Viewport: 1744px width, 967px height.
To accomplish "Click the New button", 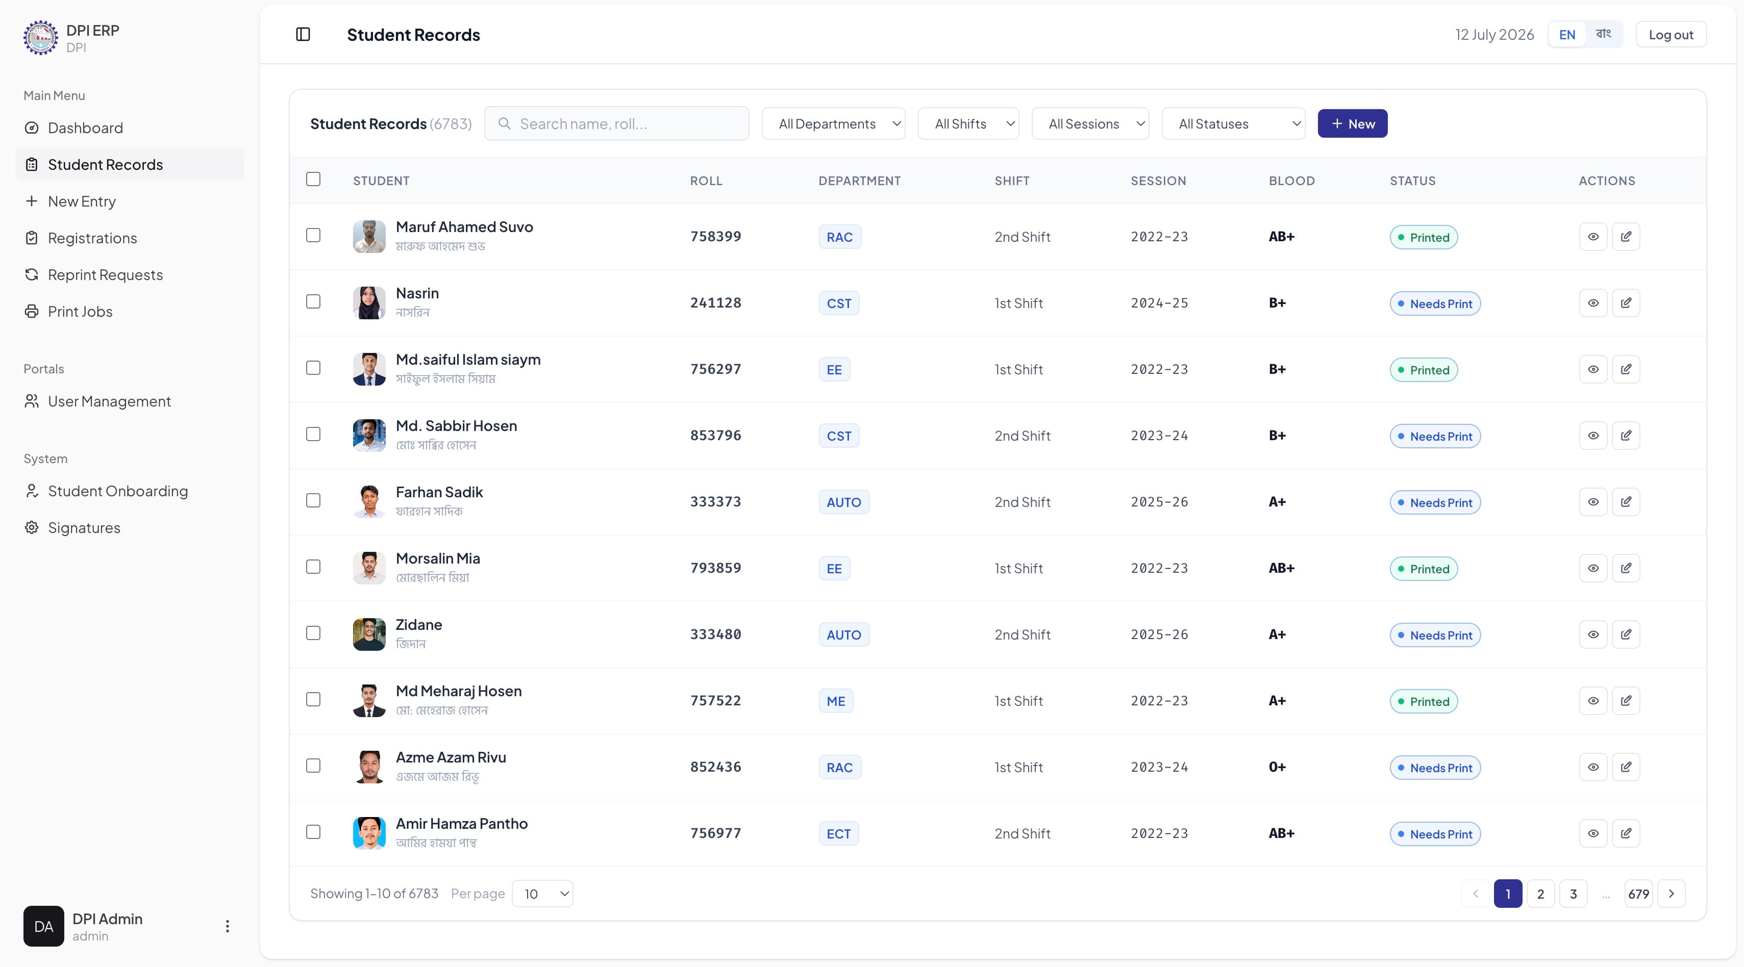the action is tap(1352, 124).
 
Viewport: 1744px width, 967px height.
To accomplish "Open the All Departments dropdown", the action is tap(833, 124).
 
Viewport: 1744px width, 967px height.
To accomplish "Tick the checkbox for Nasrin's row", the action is tap(313, 302).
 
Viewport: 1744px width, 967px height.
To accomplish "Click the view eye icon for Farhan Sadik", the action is tap(1593, 502).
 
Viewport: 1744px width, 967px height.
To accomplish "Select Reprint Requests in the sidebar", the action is tap(105, 275).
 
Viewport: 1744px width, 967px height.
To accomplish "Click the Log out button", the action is tap(1671, 35).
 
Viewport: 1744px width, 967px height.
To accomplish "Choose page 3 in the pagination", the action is tap(1573, 894).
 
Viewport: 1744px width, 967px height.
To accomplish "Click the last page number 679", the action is tap(1638, 894).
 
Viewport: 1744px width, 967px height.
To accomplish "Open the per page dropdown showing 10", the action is tap(542, 894).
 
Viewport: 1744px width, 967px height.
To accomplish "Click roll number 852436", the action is tap(715, 767).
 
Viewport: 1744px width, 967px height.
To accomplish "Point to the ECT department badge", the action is tap(838, 834).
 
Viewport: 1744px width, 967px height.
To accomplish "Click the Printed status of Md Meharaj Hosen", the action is tap(1423, 701).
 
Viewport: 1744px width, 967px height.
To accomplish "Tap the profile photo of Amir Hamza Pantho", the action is tap(369, 833).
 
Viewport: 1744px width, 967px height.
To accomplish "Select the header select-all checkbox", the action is tap(313, 180).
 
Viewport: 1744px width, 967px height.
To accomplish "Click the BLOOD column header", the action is tap(1291, 181).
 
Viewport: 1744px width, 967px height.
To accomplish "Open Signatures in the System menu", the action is tap(84, 528).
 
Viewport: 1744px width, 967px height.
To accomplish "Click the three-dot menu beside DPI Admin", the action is tap(228, 926).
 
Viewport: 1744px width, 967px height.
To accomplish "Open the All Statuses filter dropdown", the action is tap(1233, 124).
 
